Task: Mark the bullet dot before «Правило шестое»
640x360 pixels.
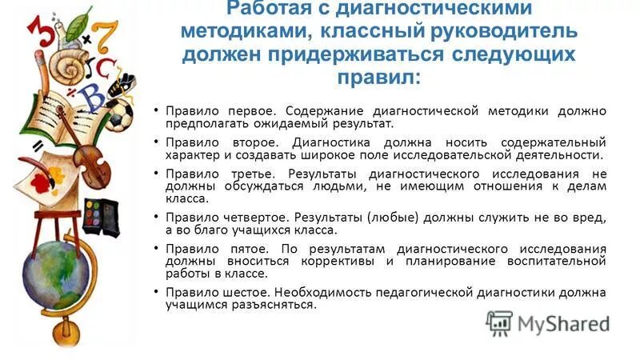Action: pyautogui.click(x=157, y=292)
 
